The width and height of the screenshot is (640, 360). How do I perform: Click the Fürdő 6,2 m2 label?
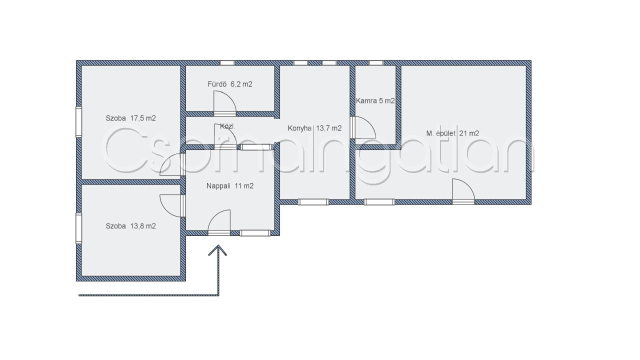pos(230,84)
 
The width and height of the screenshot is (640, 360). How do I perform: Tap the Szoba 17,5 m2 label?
pos(130,118)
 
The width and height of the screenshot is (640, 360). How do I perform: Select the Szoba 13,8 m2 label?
pos(130,226)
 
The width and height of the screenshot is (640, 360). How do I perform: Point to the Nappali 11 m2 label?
pos(230,186)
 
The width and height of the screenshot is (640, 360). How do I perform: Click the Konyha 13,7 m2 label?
pos(314,128)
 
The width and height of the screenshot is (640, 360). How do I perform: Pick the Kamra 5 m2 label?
pos(375,101)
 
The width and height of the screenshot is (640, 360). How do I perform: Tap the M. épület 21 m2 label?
pos(452,133)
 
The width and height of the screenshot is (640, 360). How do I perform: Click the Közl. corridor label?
pos(227,126)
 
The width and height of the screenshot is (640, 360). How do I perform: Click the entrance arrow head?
pos(217,250)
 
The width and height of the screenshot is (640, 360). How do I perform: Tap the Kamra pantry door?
pos(363,127)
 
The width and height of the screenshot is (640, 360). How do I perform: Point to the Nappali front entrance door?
pos(219,222)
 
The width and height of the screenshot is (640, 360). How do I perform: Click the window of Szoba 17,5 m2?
pos(78,121)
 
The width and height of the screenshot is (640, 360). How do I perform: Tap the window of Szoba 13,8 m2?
pos(78,228)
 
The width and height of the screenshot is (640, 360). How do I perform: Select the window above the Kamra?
pos(376,63)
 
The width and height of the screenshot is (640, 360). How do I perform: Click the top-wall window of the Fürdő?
pos(227,63)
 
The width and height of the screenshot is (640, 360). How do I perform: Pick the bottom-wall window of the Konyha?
pos(313,202)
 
